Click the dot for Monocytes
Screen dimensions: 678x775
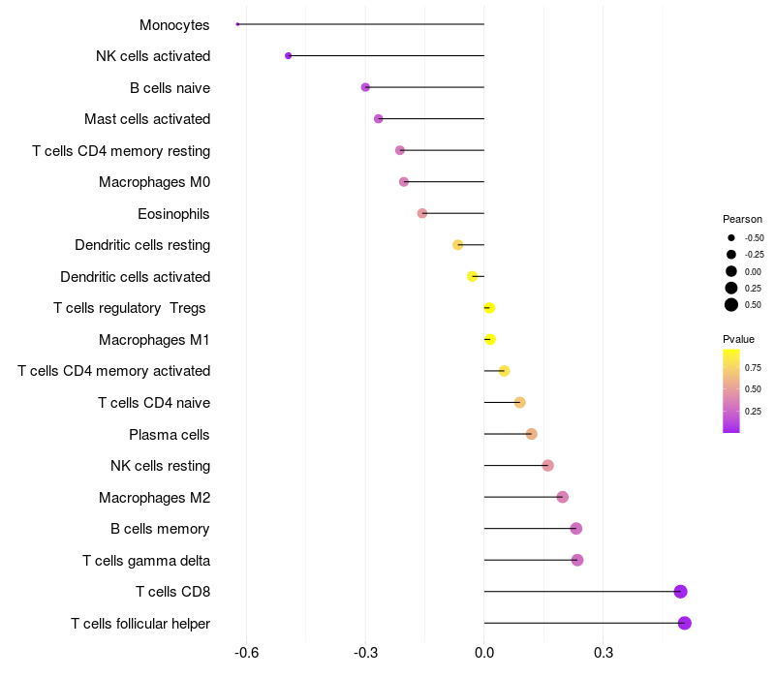coord(237,24)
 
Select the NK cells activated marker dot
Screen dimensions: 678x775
coord(289,56)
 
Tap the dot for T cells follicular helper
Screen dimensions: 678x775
coord(685,623)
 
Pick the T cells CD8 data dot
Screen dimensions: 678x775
coord(680,592)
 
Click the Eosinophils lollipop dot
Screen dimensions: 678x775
coord(422,213)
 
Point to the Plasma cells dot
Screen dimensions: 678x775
coord(532,434)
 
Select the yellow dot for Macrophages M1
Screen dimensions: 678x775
coord(490,340)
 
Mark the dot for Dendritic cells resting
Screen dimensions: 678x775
coord(458,245)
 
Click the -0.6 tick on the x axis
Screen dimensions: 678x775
coord(246,652)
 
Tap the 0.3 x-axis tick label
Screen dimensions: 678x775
coord(603,652)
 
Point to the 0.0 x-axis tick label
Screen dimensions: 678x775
coord(483,652)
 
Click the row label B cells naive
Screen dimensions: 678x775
coord(170,88)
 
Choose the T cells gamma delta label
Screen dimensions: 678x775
coord(146,561)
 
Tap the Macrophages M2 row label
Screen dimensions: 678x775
coord(154,498)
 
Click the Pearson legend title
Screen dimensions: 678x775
coord(742,219)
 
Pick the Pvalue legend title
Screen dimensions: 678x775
coord(738,339)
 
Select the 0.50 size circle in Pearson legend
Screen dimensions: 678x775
coord(731,305)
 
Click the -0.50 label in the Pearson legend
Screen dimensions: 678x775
coord(754,238)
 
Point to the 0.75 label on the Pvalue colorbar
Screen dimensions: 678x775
coord(753,367)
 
